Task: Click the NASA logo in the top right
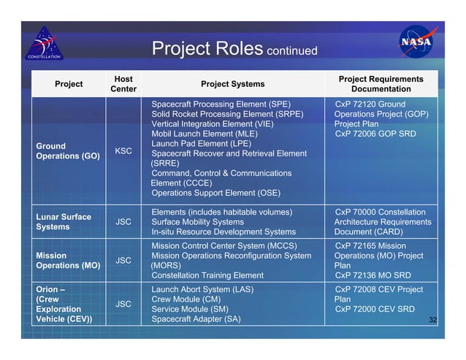point(419,42)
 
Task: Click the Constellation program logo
point(47,44)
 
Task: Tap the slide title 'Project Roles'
point(205,49)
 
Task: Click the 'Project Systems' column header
point(232,83)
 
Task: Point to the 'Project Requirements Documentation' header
point(381,83)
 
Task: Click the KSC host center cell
point(123,151)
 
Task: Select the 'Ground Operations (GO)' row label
point(68,151)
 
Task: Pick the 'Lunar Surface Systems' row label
point(64,222)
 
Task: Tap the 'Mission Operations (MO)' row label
point(67,261)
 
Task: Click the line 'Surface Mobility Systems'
point(197,222)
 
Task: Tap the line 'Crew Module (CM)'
point(186,299)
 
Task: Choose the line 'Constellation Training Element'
point(207,275)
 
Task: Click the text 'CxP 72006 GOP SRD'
point(375,134)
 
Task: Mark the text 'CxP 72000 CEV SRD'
point(375,309)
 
